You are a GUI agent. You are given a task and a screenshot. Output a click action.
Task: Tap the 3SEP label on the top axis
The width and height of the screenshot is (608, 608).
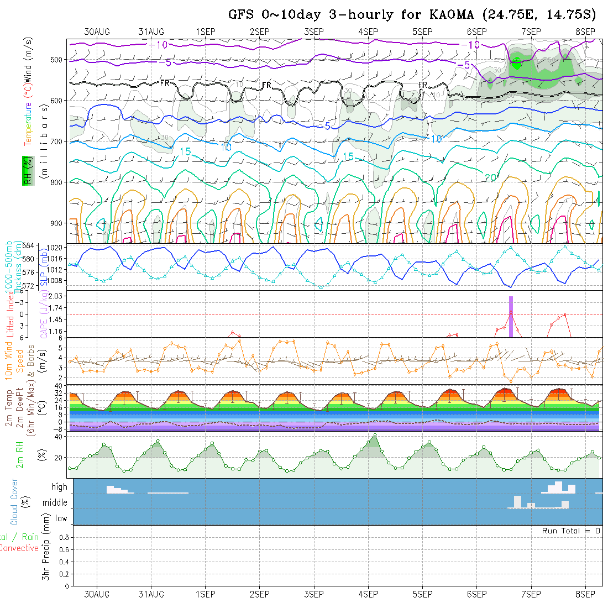click(313, 32)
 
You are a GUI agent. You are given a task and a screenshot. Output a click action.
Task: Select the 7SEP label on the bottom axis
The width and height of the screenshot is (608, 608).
click(531, 594)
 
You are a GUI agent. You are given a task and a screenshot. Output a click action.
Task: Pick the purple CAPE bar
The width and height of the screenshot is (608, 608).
click(511, 317)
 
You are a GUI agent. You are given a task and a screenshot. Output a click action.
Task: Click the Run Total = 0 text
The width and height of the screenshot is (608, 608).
click(571, 531)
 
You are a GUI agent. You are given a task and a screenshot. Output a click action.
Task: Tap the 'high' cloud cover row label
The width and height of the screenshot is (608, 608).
click(59, 487)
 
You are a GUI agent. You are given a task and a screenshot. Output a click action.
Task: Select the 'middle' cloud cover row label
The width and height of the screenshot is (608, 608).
click(55, 502)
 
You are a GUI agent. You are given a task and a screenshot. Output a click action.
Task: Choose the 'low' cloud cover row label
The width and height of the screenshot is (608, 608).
click(61, 518)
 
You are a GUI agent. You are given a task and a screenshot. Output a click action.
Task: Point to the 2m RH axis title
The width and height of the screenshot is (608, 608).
click(19, 454)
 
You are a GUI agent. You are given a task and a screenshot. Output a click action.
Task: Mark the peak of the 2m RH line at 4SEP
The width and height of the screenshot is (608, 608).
click(375, 434)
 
